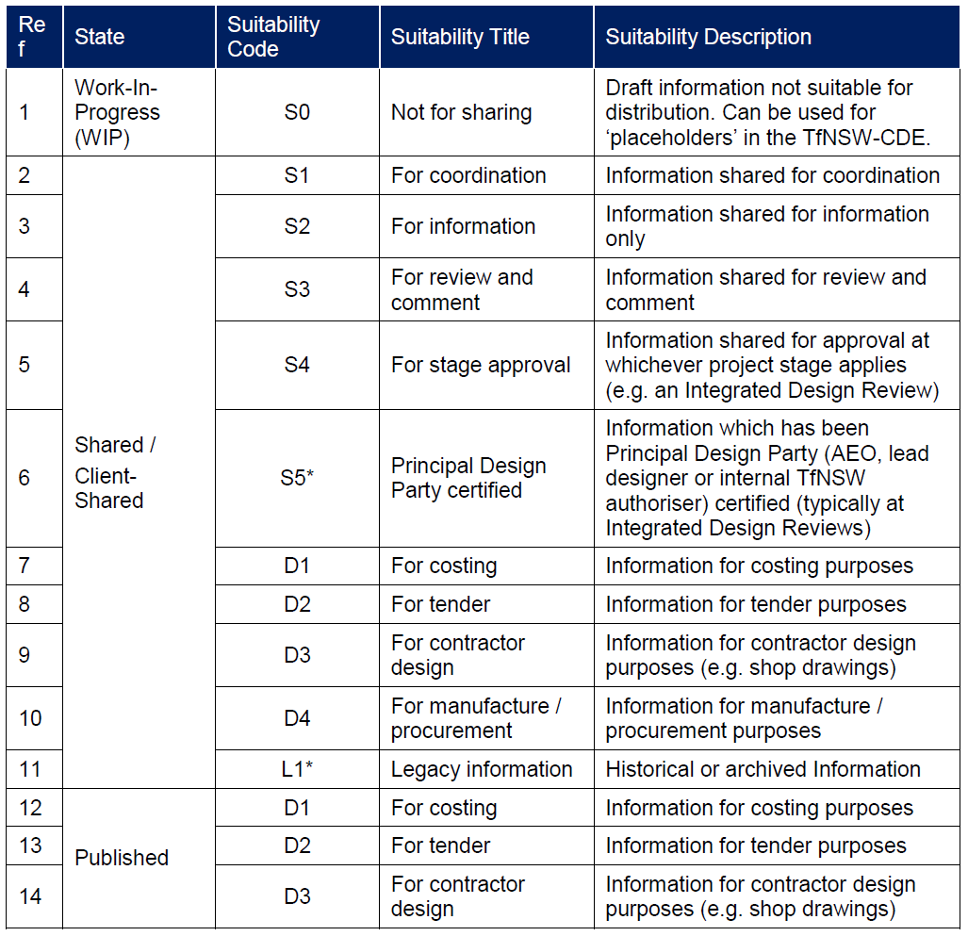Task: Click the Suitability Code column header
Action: coord(273,37)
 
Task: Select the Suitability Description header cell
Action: coord(708,37)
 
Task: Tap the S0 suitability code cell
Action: coord(297,112)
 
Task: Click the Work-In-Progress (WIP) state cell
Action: coord(118,112)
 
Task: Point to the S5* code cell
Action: coord(297,478)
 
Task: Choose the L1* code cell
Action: coord(297,769)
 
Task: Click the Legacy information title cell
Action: coord(482,769)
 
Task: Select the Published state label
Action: coord(122,858)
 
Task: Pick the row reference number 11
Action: coord(31,769)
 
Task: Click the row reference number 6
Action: coord(25,478)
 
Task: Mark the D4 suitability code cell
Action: coord(297,718)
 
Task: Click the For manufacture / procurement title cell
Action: coord(476,718)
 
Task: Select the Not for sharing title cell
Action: coord(461,112)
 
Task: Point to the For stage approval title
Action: coord(481,365)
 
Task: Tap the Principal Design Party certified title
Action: coord(468,478)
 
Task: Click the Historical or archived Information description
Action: coord(763,769)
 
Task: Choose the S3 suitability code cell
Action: coord(297,289)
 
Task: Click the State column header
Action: coord(100,37)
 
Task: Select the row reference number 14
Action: coord(31,895)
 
